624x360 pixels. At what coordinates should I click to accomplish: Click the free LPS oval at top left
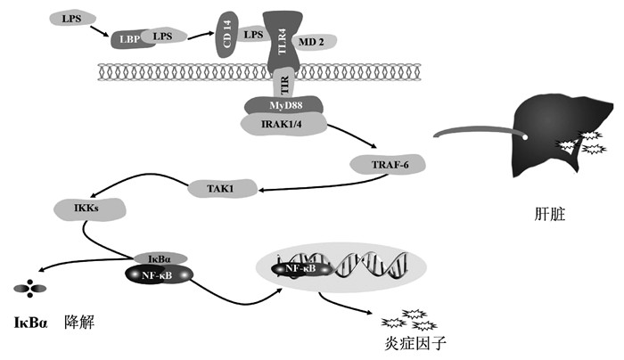coord(69,18)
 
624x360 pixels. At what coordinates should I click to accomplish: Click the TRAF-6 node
coord(386,163)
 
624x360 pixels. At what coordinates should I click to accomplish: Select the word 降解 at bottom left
coord(79,320)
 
